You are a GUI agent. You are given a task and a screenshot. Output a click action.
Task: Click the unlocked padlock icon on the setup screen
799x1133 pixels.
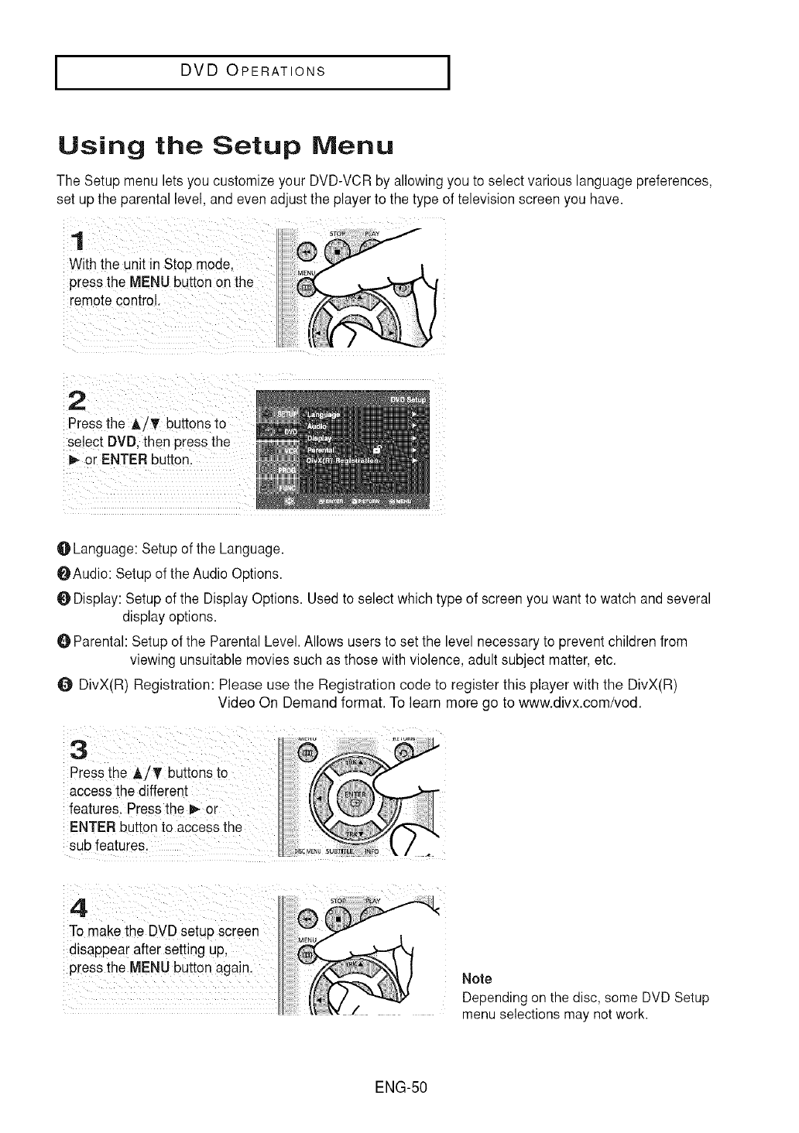tap(376, 448)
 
